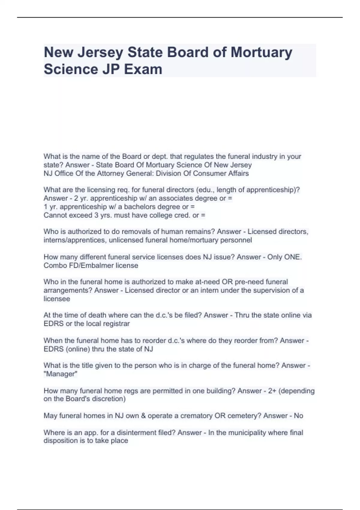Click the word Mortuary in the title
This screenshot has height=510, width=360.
pos(261,52)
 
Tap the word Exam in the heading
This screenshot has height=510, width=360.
pos(143,69)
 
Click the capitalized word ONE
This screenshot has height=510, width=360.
pos(292,257)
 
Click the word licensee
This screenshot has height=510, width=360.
pos(57,299)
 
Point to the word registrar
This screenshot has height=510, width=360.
pos(116,324)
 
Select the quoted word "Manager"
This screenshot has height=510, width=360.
pos(61,374)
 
